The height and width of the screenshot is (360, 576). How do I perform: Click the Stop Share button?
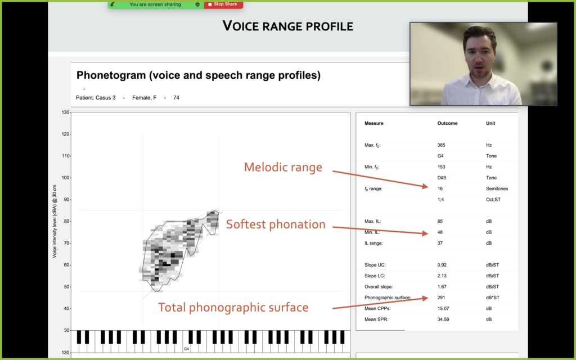click(x=223, y=4)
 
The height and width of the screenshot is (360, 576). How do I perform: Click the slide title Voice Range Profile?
click(x=288, y=26)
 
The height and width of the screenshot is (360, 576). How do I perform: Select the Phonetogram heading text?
click(x=199, y=75)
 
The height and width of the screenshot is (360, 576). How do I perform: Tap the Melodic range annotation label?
click(x=283, y=167)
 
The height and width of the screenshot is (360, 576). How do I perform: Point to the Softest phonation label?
click(x=276, y=224)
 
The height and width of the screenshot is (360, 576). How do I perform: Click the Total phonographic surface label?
click(x=233, y=308)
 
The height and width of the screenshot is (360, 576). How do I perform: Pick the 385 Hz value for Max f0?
click(x=441, y=145)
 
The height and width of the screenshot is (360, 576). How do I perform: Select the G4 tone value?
click(x=440, y=156)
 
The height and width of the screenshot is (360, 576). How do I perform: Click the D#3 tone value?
click(x=442, y=178)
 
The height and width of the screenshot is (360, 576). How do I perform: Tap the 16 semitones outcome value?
click(x=440, y=188)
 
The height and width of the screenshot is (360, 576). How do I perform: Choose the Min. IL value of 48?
click(x=440, y=232)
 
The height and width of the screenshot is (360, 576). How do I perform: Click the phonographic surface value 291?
click(x=441, y=298)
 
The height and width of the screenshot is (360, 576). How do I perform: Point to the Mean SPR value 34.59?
click(x=443, y=319)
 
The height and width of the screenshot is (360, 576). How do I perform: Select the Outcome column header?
click(x=447, y=123)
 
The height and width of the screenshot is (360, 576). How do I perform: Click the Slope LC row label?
click(x=375, y=276)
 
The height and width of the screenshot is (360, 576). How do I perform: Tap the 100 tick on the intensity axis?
click(x=65, y=178)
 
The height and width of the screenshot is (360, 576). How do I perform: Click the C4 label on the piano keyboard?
click(x=187, y=349)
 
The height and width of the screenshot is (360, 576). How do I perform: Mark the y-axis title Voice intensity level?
click(x=55, y=222)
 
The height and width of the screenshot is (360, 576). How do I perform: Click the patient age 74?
click(x=176, y=98)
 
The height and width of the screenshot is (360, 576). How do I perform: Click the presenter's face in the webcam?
click(x=480, y=55)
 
